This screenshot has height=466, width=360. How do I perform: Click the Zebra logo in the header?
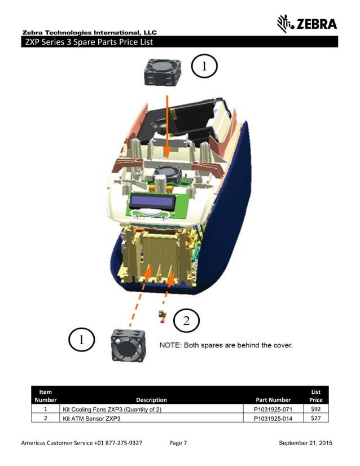[307, 24]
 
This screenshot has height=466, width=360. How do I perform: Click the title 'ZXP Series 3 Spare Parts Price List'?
[87, 42]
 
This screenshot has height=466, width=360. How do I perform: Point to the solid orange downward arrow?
[168, 124]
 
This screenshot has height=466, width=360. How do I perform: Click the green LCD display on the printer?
[151, 202]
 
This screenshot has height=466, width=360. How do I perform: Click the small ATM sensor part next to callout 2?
[163, 316]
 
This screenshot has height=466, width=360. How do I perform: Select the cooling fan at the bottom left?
[128, 344]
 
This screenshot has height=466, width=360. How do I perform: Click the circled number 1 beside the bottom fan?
[82, 340]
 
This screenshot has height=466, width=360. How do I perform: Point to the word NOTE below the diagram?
[171, 345]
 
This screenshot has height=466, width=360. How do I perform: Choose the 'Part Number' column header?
[273, 399]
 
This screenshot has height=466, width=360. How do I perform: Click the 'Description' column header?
[151, 399]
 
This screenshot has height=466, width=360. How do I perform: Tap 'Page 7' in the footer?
[178, 443]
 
